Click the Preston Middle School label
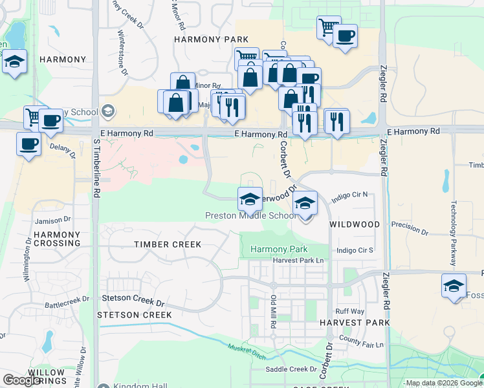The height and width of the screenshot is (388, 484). pyautogui.click(x=250, y=216)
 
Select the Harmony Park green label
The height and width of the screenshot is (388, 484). pyautogui.click(x=278, y=249)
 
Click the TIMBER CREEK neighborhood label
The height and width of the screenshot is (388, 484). pyautogui.click(x=168, y=244)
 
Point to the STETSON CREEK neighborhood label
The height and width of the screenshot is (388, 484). pyautogui.click(x=134, y=315)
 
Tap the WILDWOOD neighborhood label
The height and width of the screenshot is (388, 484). pyautogui.click(x=354, y=224)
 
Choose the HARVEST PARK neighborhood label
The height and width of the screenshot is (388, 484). pyautogui.click(x=355, y=323)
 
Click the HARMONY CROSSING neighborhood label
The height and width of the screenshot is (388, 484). pyautogui.click(x=58, y=239)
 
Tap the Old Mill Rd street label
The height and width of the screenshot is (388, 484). pyautogui.click(x=274, y=311)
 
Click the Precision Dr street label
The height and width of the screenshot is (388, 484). pyautogui.click(x=410, y=229)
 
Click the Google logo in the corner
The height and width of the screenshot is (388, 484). pyautogui.click(x=22, y=380)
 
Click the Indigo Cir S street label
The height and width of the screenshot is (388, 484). pyautogui.click(x=355, y=250)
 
